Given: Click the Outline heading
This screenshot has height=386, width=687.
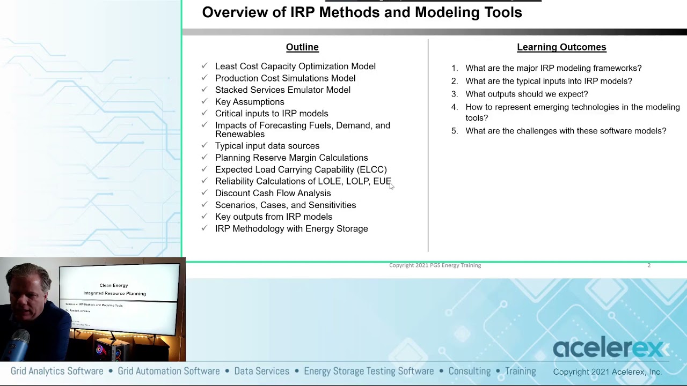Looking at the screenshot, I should point(302,47).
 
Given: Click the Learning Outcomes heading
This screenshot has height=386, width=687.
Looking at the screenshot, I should point(561,47).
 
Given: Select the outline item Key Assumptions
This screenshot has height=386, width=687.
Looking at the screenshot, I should point(250,102).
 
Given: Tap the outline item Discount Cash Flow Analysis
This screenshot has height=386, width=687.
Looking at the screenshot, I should point(273,193).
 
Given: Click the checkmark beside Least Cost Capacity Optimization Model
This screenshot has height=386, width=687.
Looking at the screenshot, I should point(204,66).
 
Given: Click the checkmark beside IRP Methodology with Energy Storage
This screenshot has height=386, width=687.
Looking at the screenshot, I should point(204,228).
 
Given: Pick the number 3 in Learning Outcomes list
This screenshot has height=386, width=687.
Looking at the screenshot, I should point(454,94).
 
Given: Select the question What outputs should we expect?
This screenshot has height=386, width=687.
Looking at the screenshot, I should point(527,94).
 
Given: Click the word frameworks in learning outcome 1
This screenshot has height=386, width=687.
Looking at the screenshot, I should point(619,68).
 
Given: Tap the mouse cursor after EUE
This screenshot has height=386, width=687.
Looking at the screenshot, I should point(391,185).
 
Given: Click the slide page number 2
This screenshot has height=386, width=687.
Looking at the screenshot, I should point(648,265).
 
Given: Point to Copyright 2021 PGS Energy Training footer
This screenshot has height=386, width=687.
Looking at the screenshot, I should point(435,265).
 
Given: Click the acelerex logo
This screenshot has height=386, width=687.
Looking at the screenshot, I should point(608,348).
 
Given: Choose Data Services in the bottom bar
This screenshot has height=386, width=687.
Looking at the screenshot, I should point(261,371).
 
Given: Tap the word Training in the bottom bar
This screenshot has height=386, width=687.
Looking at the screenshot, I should point(520,371).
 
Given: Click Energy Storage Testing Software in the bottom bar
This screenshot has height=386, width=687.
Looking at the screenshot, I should point(369,371).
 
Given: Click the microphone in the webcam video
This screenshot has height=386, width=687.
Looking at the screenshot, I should point(20,343).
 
